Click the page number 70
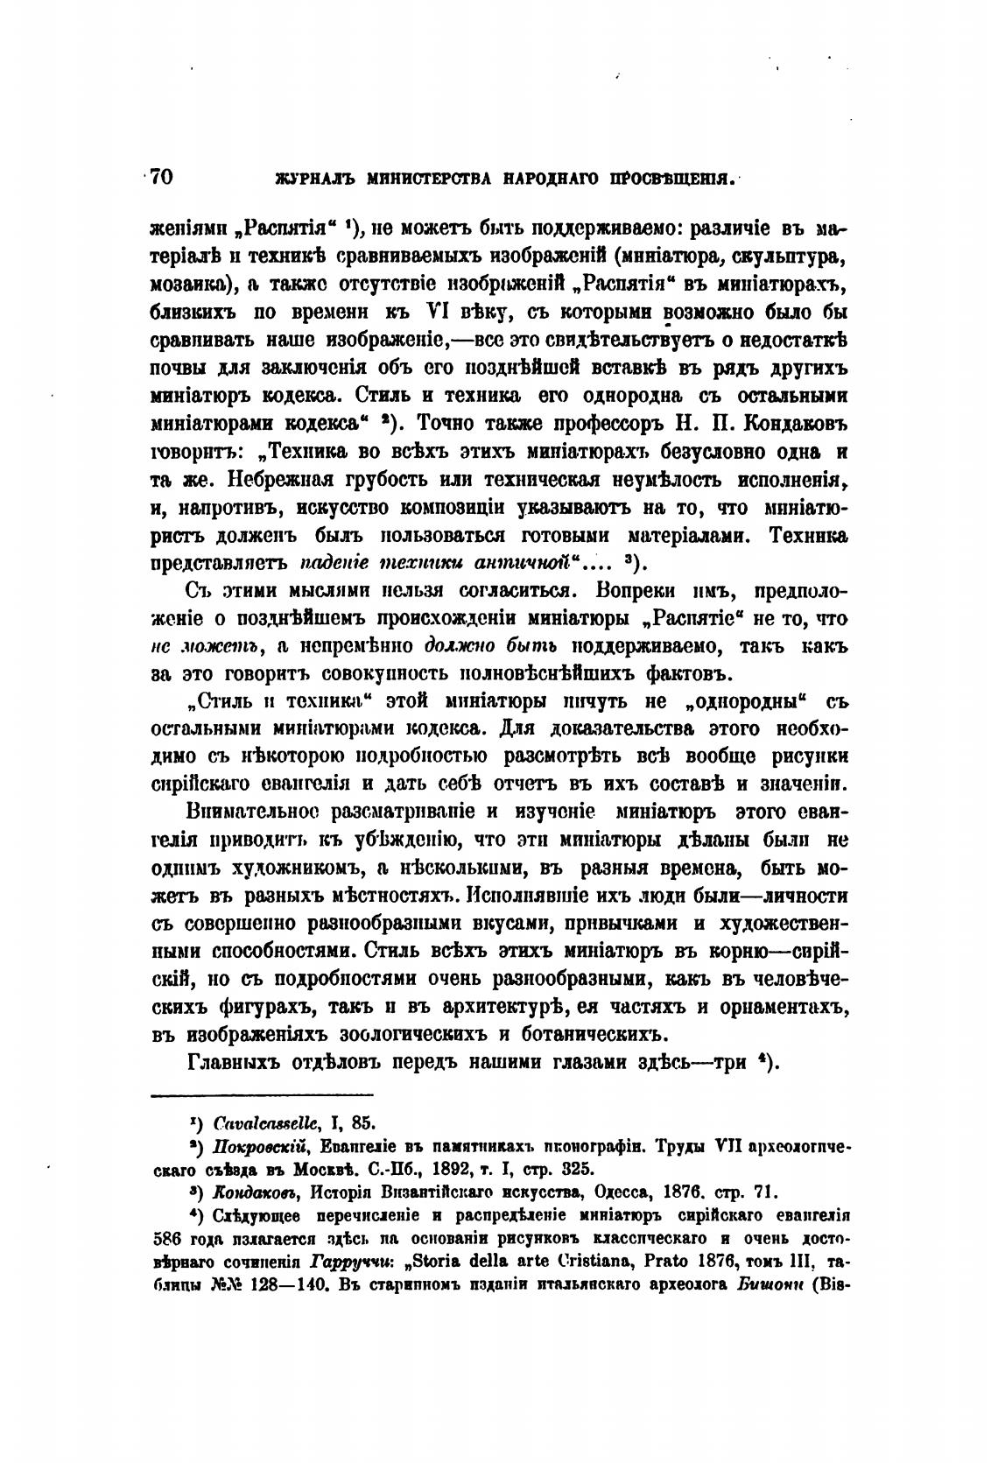[162, 176]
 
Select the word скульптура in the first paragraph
[798, 258]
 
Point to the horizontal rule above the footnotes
[263, 1094]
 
